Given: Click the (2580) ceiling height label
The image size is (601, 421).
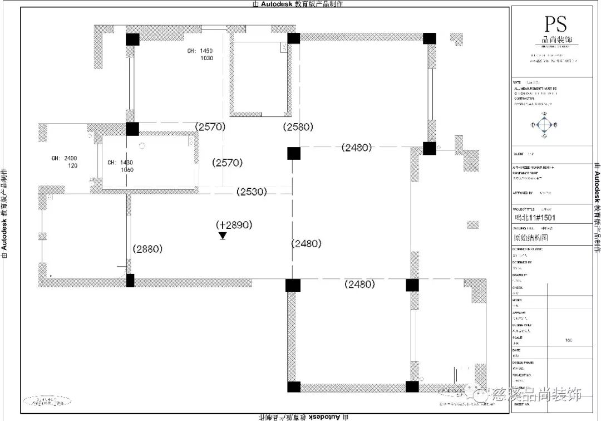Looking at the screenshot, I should coord(298,127).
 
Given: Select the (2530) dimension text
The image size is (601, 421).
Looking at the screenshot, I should coord(252,192).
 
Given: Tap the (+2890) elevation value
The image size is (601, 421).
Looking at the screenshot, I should coord(234,225).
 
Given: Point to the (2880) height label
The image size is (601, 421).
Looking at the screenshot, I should coord(147,249).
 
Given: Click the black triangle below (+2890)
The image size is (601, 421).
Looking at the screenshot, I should coord(223,236).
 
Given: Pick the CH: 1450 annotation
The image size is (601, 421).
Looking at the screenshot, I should coord(200,51).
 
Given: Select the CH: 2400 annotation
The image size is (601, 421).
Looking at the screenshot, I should coord(64,158).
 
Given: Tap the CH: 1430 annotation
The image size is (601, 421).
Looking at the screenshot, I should coord(120,163).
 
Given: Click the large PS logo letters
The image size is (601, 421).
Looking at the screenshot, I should coord(555,25).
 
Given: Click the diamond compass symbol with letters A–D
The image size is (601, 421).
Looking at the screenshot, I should coord(544,125).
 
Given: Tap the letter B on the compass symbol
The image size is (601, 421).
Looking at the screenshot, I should coord(555,125).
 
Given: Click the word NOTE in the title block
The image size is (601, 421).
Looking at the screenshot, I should coord(517,82).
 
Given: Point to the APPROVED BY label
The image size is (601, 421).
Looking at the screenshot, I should coord(523,193).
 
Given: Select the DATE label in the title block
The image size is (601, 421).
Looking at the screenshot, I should coord(516,350).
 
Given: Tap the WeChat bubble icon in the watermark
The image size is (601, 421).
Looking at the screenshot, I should coord(477,395).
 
